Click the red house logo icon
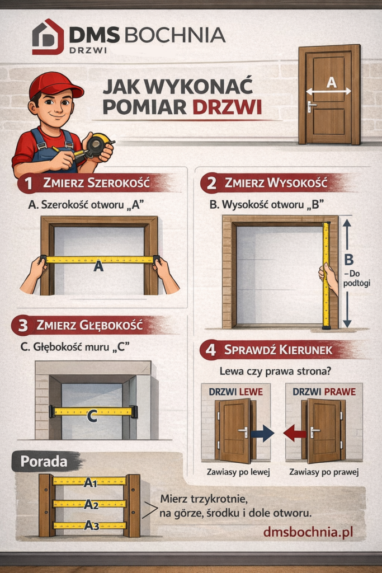coord(48,37)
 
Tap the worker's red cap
coord(55,85)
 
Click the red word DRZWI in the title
coord(227,107)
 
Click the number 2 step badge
coord(211,183)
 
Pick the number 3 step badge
coord(22,325)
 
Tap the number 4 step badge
coord(210,350)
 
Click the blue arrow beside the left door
coord(262,434)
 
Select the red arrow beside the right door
coord(295,434)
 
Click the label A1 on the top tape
coord(91,483)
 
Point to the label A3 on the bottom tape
coord(91,525)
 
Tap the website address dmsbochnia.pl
coord(308,532)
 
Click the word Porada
coord(44,462)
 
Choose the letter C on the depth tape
coord(92,416)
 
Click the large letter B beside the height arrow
coord(349,260)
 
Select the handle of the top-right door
coord(311,106)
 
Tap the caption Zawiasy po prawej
coord(324,472)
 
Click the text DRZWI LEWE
coord(235,392)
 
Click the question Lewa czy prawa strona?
coord(275,372)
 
